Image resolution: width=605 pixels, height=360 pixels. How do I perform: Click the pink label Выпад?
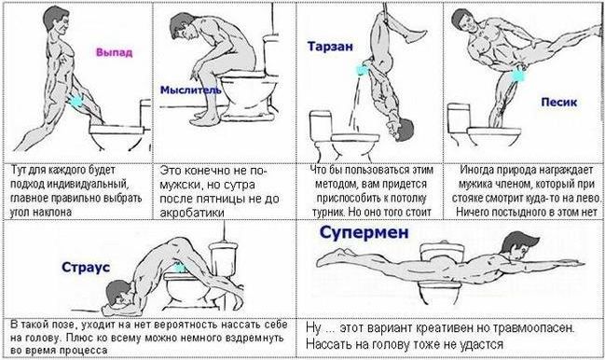point(115,52)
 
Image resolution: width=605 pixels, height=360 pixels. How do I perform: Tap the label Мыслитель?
point(190,90)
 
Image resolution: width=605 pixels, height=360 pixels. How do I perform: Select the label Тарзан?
point(330,47)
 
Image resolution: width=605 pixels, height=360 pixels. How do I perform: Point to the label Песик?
point(559,102)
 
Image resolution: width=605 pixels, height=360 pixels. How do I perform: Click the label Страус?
point(86,267)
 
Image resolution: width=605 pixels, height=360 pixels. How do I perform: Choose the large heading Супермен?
point(364,232)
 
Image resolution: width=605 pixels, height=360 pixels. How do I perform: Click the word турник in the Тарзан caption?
point(328,213)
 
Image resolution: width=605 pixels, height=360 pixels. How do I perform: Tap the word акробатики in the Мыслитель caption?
point(192,213)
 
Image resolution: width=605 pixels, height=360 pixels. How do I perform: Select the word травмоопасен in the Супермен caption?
point(533,328)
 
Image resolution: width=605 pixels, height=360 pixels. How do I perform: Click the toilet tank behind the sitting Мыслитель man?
point(271,53)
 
